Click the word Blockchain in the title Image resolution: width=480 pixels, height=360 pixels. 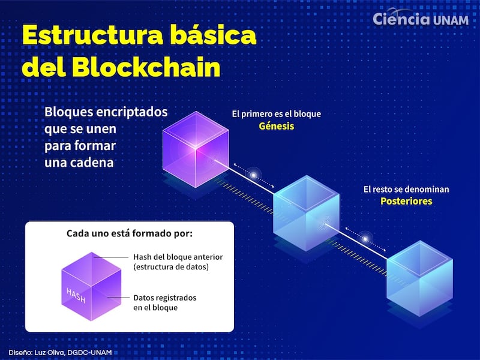tap(146, 67)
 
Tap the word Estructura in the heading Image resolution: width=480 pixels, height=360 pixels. tap(92, 35)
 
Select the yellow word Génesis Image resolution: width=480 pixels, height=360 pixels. tap(277, 126)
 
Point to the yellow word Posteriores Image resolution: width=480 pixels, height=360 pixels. tap(406, 201)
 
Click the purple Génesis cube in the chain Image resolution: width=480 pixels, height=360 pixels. tap(196, 149)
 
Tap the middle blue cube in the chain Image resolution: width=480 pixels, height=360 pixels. tap(306, 213)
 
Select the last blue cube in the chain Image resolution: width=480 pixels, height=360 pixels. tap(419, 278)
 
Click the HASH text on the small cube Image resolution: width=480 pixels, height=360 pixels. tap(76, 295)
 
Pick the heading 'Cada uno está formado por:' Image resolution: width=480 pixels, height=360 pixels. tap(130, 233)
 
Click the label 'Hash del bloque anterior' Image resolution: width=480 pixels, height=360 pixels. tap(178, 257)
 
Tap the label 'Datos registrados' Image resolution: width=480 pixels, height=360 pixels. tap(164, 298)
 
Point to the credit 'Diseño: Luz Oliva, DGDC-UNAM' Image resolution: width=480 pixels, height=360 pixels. tap(60, 352)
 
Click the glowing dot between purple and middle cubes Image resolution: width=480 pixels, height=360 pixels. tap(254, 175)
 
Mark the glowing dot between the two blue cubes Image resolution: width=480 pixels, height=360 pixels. tap(365, 238)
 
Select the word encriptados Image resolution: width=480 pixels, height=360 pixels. tap(132, 112)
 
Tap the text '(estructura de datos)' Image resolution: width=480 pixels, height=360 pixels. tap(171, 267)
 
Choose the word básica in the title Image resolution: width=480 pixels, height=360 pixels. tap(213, 35)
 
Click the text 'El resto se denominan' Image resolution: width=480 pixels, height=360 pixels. tap(406, 189)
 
